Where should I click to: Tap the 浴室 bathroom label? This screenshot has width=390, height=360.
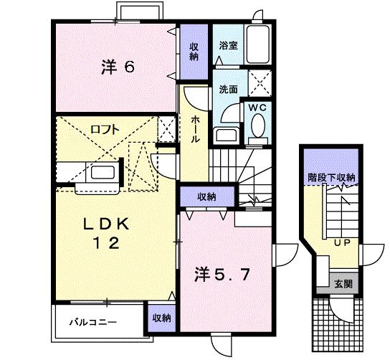click(229, 44)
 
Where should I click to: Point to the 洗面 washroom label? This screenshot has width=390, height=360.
click(229, 90)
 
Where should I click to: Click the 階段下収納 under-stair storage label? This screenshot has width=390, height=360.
click(332, 177)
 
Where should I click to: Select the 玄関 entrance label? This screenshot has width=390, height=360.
click(341, 283)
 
